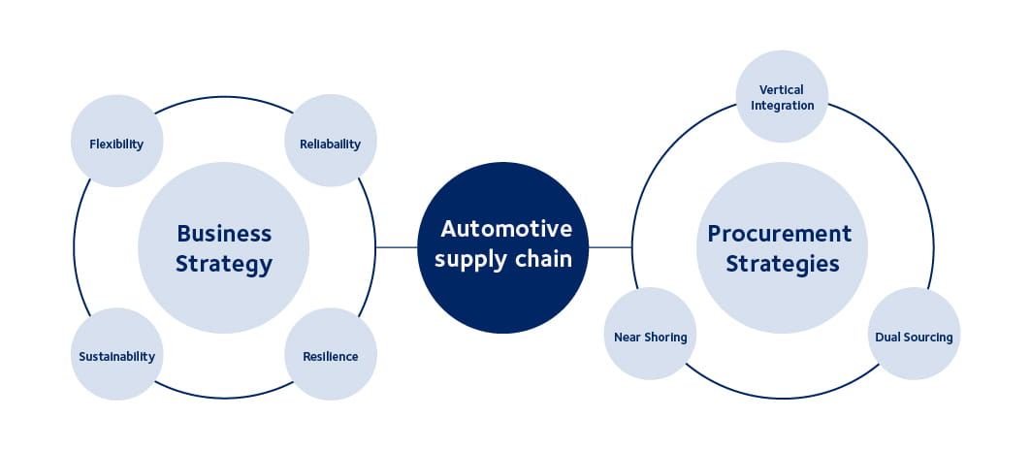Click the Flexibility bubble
coord(116,144)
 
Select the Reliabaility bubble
coord(330,144)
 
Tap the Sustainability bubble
coord(116,356)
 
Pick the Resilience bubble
coord(330,356)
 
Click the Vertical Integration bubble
coord(782,97)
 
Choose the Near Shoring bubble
coord(650,337)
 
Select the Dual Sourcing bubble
coord(914,337)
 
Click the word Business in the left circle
coord(224,233)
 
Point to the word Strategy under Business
coord(224,264)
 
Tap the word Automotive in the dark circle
coord(506,229)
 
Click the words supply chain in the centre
coord(503,259)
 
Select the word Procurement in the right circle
coord(780,233)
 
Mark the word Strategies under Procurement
coord(782,264)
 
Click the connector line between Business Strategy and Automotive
coord(396,247)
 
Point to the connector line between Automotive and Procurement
coord(610,247)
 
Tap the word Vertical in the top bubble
coord(782,90)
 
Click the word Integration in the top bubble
coord(782,105)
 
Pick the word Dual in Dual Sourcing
coord(887,338)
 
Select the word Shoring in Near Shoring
coord(665,338)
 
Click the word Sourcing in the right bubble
coord(928,338)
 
